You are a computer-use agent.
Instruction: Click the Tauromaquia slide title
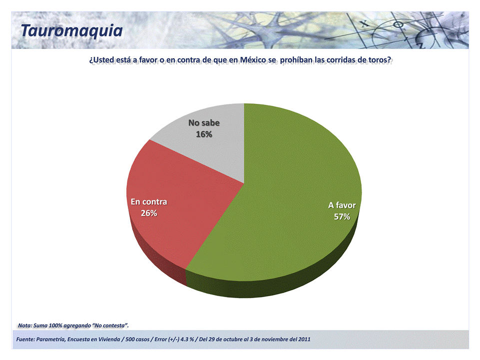pos(71,30)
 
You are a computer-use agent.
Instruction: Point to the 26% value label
pos(149,213)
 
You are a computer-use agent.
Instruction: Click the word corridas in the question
pos(342,60)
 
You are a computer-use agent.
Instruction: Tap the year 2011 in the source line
pos(304,340)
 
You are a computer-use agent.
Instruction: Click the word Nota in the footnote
pos(25,326)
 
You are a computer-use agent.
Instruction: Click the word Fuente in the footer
pos(25,340)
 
